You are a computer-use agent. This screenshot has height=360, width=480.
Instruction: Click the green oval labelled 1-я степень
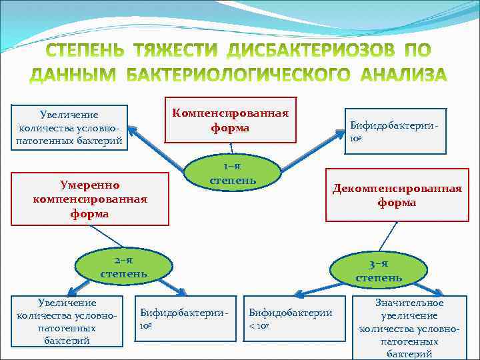(x=230, y=173)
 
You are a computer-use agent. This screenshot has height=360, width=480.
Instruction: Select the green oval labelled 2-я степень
(x=124, y=265)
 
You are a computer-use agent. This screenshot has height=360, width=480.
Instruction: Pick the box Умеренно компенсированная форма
(x=90, y=198)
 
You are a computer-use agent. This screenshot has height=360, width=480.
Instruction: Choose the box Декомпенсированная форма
(x=397, y=195)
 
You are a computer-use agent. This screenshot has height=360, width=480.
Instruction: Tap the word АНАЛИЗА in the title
(x=403, y=75)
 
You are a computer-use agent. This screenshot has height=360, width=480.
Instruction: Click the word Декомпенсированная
(x=397, y=188)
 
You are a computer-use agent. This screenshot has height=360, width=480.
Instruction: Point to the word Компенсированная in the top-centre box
(x=231, y=113)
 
